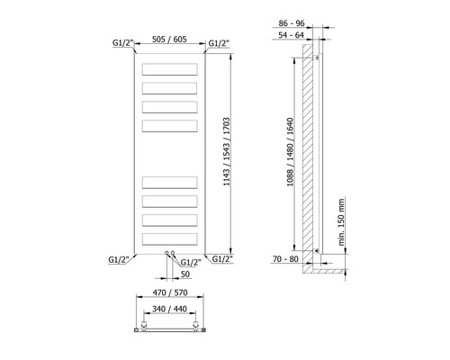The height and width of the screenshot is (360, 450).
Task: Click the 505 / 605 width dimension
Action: pyautogui.click(x=169, y=40)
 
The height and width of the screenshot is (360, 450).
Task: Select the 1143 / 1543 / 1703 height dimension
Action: pyautogui.click(x=227, y=151)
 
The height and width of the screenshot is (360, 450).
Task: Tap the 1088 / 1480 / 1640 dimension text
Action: pyautogui.click(x=290, y=152)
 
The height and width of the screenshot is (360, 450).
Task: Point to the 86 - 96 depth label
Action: pyautogui.click(x=292, y=23)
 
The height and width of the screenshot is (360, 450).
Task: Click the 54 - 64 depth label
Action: pyautogui.click(x=291, y=35)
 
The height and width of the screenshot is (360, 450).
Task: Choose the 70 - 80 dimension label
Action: pyautogui.click(x=285, y=258)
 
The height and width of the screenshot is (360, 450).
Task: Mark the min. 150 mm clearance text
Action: pyautogui.click(x=341, y=222)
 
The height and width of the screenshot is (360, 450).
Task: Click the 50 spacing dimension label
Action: pyautogui.click(x=185, y=274)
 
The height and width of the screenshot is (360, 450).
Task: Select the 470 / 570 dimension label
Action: pyautogui.click(x=170, y=292)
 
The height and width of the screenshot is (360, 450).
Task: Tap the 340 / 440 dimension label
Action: pyautogui.click(x=169, y=309)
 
